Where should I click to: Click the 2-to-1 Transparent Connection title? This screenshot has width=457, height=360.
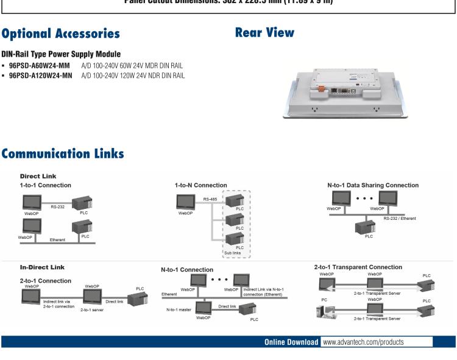point(358,267)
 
